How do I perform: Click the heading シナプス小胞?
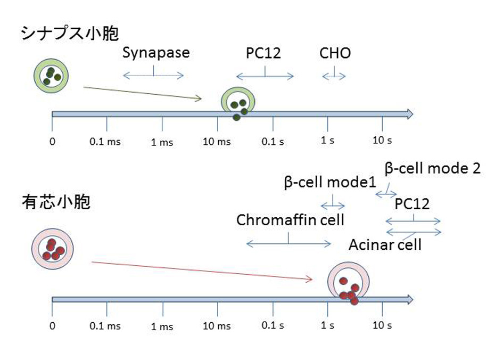click(x=69, y=33)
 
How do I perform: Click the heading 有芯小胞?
click(x=56, y=203)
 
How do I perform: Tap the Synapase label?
click(x=155, y=53)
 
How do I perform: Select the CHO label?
click(x=335, y=54)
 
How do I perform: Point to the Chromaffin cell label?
click(x=290, y=220)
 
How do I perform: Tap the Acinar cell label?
click(x=385, y=244)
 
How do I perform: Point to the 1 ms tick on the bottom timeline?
click(x=162, y=326)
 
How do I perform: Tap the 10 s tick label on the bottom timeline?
click(x=382, y=325)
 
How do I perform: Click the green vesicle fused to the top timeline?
click(x=238, y=104)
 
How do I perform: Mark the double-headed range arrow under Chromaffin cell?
click(x=288, y=244)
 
